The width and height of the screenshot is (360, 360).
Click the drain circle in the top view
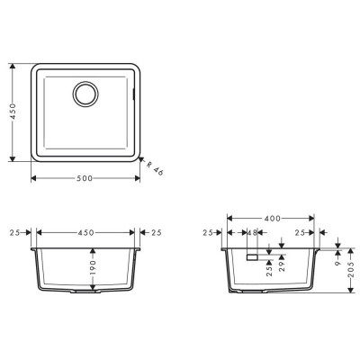(x=85, y=82)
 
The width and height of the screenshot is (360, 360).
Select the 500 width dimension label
(x=85, y=178)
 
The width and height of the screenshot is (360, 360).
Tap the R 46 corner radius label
(x=155, y=168)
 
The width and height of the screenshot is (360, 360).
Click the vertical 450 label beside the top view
(x=13, y=112)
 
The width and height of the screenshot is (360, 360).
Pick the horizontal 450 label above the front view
(x=85, y=232)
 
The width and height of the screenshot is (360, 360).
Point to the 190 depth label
(x=93, y=267)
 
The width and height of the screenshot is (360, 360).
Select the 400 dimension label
(x=273, y=219)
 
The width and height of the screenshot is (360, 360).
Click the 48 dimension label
(x=253, y=232)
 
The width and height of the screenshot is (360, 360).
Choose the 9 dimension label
(x=338, y=263)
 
